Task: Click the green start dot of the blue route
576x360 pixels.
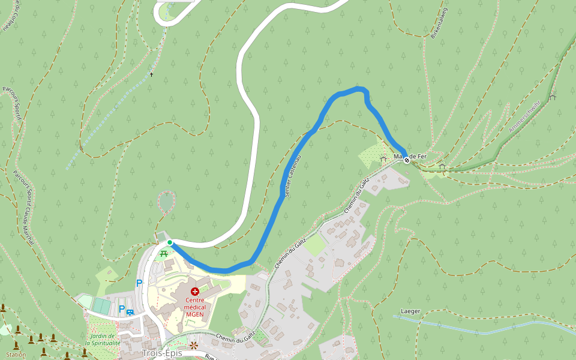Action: (170, 242)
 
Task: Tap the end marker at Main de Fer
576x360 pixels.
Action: (407, 160)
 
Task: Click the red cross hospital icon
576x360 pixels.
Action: (194, 291)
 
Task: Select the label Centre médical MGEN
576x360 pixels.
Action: (195, 306)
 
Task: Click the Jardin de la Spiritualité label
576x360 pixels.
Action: (103, 340)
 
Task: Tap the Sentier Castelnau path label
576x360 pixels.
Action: (290, 175)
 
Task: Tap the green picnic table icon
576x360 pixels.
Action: (163, 253)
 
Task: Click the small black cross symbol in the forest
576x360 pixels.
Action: (152, 75)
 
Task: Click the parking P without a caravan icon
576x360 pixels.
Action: (139, 283)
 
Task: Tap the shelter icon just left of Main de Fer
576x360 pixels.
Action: (383, 159)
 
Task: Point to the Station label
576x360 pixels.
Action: (16, 355)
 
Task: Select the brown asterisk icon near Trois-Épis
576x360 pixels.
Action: (194, 346)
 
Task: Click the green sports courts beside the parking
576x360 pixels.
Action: (101, 306)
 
